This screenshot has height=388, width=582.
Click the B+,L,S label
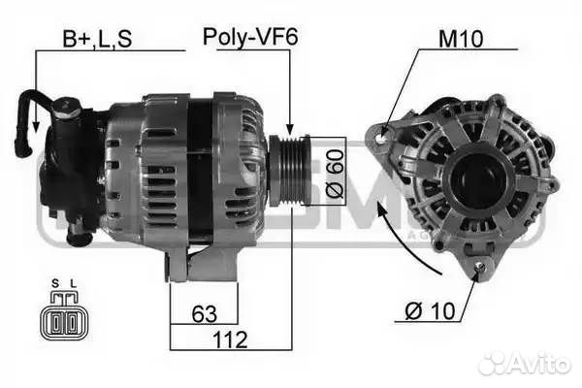point(97,39)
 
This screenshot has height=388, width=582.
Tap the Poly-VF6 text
point(249,38)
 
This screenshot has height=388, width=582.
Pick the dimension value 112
point(229,339)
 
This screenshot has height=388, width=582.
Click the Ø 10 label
point(427,313)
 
